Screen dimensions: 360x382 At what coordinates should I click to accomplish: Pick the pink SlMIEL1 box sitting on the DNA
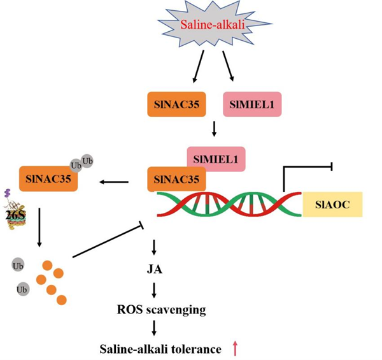click(216, 156)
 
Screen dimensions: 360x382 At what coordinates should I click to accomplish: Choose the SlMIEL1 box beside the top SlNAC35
click(250, 104)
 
